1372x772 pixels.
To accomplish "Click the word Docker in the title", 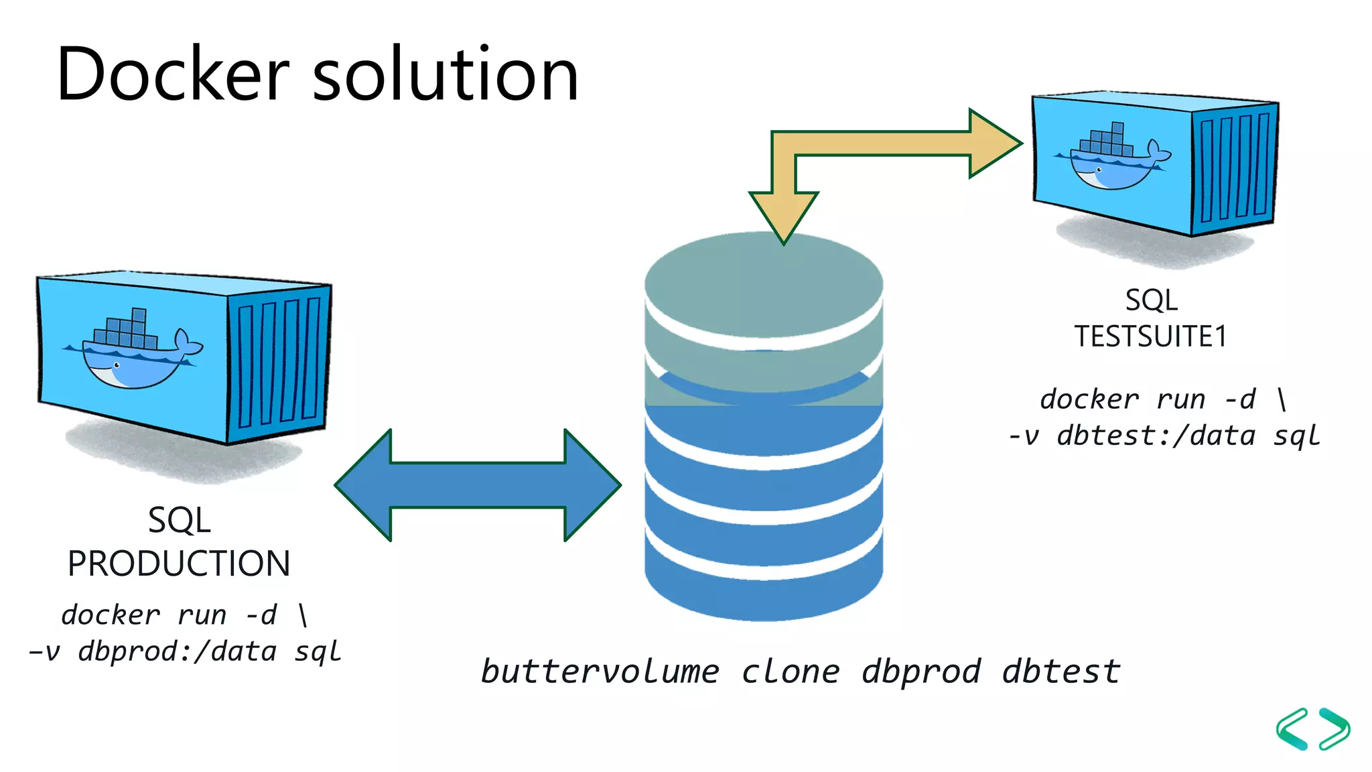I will pyautogui.click(x=173, y=75).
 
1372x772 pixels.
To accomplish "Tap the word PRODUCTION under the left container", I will pyautogui.click(x=179, y=564).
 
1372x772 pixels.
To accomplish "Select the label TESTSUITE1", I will pyautogui.click(x=1150, y=336).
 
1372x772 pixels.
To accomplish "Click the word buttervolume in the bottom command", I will pyautogui.click(x=600, y=671).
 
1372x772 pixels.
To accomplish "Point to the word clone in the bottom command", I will pyautogui.click(x=790, y=671).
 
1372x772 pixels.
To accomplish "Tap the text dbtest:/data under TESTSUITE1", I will pyautogui.click(x=1156, y=436).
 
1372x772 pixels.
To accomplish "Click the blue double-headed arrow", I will pyautogui.click(x=477, y=485).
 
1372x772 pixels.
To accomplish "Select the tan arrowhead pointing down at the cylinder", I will pyautogui.click(x=784, y=214).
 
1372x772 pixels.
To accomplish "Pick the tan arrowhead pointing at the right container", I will pyautogui.click(x=995, y=143).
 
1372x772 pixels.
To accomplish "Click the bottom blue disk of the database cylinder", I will pyautogui.click(x=764, y=590).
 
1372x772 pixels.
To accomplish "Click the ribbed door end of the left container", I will pyautogui.click(x=278, y=362).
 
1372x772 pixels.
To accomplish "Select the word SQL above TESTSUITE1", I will pyautogui.click(x=1151, y=300).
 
